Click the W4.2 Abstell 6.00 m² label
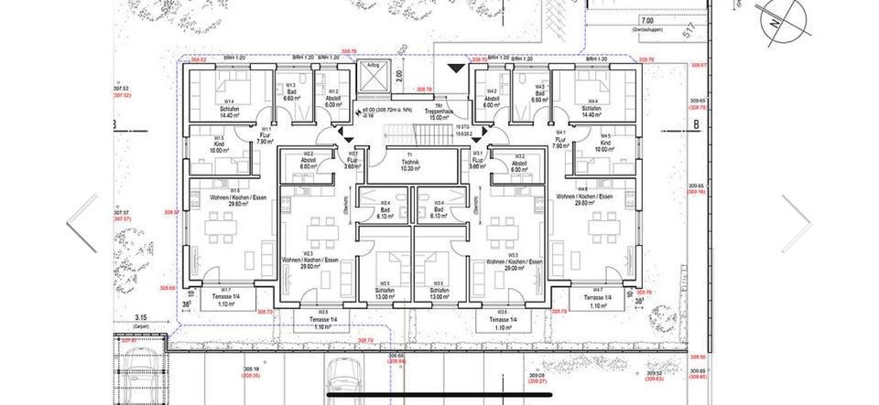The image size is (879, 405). pos(492,100)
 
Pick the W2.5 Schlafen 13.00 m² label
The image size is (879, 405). pos(385,293)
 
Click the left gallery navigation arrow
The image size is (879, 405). pos(81,222)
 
